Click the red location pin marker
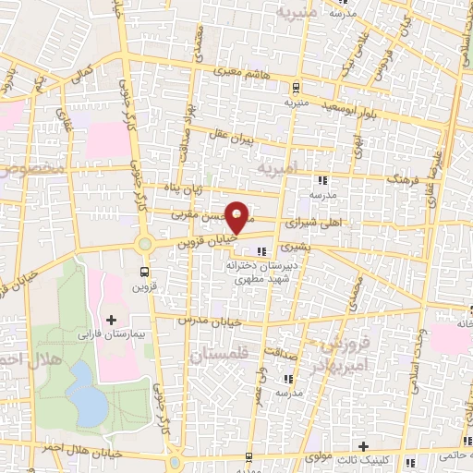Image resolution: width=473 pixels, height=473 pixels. pos(237,216)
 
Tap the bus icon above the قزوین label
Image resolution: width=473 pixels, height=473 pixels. pos(144,272)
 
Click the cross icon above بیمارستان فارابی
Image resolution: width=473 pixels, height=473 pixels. pos(112,319)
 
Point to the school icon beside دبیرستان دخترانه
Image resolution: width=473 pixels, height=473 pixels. pos(262,250)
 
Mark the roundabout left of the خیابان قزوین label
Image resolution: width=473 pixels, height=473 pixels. pos(145,245)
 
